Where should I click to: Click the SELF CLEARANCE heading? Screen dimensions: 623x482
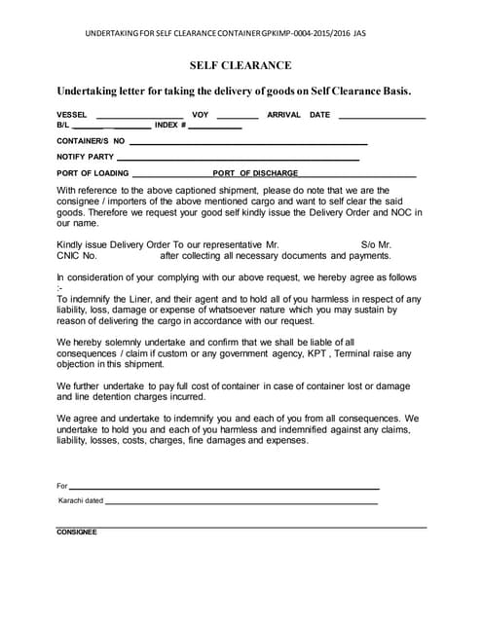(241, 65)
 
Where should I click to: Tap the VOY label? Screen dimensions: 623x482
(201, 115)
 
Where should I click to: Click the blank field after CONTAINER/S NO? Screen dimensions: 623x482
(248, 143)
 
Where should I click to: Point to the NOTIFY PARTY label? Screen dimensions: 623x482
(85, 156)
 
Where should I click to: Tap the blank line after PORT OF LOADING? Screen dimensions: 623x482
(170, 174)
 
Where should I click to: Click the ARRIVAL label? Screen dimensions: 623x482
(283, 115)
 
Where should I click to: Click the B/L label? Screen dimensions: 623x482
(62, 126)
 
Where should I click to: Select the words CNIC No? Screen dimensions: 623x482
(77, 256)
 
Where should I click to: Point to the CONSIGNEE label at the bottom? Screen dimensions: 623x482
(77, 531)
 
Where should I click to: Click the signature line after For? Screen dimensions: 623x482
(224, 488)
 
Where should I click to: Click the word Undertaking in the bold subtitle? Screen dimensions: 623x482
(89, 91)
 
